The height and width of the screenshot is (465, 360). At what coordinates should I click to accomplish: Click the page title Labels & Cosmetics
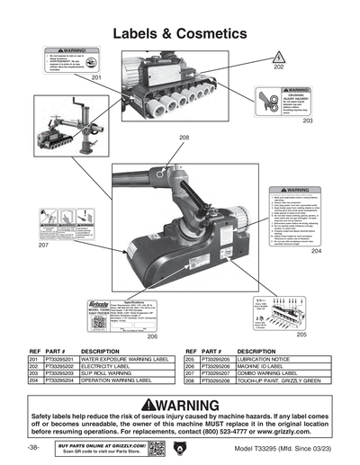(x=180, y=33)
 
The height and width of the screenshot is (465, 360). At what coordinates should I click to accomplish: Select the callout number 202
(x=278, y=67)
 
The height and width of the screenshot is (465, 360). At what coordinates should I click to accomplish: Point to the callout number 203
(x=307, y=119)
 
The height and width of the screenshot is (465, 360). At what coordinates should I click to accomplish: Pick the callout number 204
(x=315, y=252)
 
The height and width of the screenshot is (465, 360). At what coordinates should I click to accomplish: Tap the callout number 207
(x=42, y=245)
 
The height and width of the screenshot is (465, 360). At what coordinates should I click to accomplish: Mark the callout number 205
(x=301, y=334)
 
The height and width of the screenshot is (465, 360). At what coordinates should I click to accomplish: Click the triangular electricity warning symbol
(x=278, y=56)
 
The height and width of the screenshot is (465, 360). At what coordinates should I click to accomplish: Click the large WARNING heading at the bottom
(x=180, y=404)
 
